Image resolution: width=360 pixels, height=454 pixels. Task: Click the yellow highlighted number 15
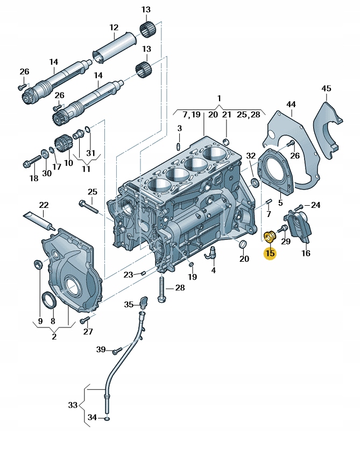(x=270, y=253)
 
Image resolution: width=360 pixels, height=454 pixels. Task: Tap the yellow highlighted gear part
(x=271, y=236)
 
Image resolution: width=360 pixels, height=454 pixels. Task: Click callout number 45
(x=326, y=88)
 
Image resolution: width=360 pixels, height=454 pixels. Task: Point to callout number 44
(x=291, y=104)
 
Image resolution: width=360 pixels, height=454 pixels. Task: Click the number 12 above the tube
(x=114, y=27)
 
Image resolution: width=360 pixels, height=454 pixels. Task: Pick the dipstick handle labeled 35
(x=144, y=302)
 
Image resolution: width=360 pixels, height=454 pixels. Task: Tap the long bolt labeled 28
(x=161, y=290)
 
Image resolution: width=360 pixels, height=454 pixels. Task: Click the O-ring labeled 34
(x=108, y=418)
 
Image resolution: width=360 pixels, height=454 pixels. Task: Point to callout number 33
(x=73, y=405)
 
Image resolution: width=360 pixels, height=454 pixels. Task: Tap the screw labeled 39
(x=118, y=351)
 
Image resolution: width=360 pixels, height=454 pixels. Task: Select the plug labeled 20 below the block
(x=242, y=244)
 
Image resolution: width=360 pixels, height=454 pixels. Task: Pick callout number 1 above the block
(x=219, y=99)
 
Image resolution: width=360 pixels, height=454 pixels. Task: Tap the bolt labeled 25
(x=89, y=207)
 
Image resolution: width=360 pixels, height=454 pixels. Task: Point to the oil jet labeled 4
(x=210, y=252)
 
